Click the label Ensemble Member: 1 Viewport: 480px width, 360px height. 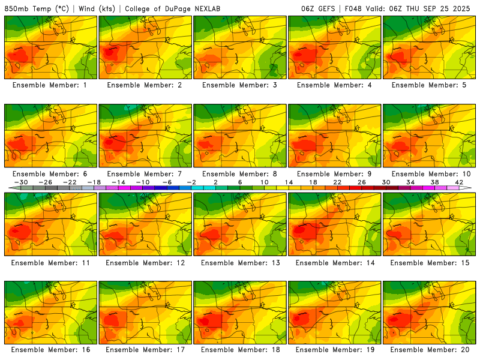50,85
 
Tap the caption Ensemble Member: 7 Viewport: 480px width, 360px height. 145,174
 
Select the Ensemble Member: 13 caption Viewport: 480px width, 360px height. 240,263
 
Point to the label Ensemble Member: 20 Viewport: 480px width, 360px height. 430,350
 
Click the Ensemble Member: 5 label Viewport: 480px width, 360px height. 430,85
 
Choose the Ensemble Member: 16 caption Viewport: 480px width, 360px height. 50,350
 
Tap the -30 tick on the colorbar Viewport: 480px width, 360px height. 21,182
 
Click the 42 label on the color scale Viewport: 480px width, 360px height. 459,182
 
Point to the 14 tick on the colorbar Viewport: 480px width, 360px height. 288,182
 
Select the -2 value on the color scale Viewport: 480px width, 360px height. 191,182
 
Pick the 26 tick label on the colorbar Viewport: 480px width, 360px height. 361,182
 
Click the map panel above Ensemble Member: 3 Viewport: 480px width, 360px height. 240,47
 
